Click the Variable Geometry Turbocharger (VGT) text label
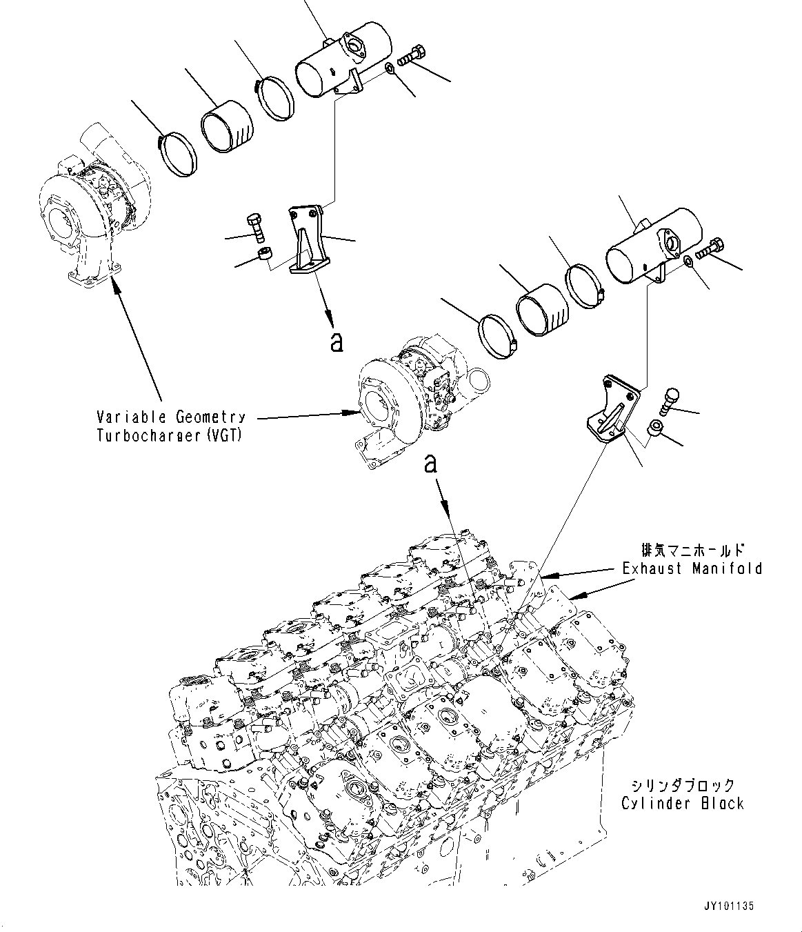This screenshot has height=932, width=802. coord(171,426)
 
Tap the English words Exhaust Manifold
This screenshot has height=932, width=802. coord(692,568)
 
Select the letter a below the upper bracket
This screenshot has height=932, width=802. coord(336,341)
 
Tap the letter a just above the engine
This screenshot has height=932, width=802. coord(431,465)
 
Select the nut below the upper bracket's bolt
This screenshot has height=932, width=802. coord(263,256)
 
